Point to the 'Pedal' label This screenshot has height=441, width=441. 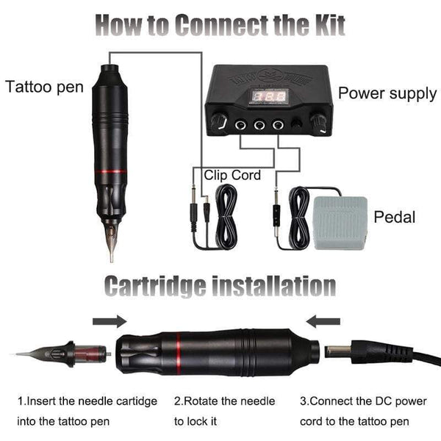[395, 217]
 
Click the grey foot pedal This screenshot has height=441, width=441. [339, 223]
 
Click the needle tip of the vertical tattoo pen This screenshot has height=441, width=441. [112, 254]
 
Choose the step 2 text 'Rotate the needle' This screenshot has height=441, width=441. [224, 401]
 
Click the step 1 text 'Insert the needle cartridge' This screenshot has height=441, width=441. [87, 401]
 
